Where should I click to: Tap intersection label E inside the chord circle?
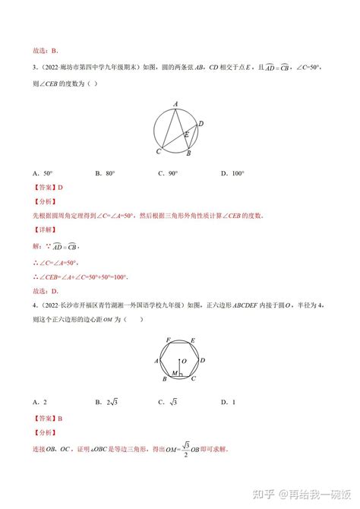[x=186, y=134]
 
